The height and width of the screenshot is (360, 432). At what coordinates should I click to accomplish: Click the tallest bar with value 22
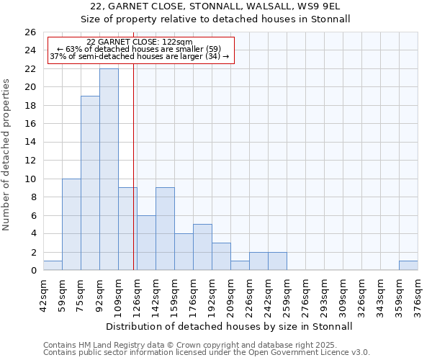pos(109,169)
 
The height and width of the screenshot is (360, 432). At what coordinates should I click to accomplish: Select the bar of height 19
pos(90,183)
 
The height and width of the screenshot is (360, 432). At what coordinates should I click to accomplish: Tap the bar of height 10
pos(71,224)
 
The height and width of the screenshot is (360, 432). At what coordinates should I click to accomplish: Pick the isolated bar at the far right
pos(408,266)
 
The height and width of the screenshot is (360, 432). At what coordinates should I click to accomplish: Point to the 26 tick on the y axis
pos(30,32)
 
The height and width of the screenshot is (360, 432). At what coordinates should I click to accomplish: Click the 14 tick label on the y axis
pos(30,142)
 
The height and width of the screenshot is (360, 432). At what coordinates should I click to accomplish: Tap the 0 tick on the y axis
pos(33,270)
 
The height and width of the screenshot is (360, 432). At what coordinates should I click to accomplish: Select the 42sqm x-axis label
pos(43,295)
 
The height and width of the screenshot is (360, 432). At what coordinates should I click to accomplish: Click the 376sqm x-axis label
pos(418,295)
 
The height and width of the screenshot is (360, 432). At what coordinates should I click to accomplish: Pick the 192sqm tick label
pos(212,295)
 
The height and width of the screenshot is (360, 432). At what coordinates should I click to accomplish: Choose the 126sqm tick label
pos(137,295)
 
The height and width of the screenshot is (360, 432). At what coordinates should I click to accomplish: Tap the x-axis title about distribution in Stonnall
pos(230,326)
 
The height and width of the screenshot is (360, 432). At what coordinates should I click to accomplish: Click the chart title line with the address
pos(230,6)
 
